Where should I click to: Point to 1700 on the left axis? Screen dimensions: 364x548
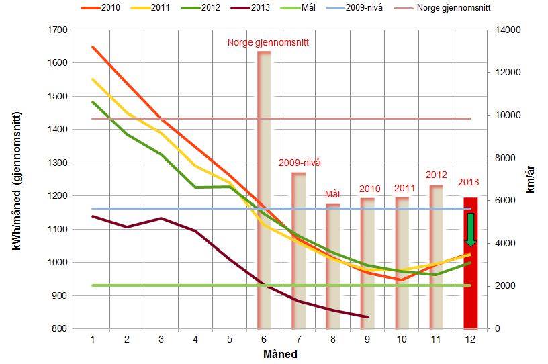[x=58, y=30]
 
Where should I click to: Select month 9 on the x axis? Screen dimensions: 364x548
[x=367, y=340]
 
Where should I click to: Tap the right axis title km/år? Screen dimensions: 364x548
[x=531, y=179]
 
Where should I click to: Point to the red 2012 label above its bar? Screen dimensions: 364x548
[x=436, y=175]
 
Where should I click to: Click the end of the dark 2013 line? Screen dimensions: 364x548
[x=367, y=317]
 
